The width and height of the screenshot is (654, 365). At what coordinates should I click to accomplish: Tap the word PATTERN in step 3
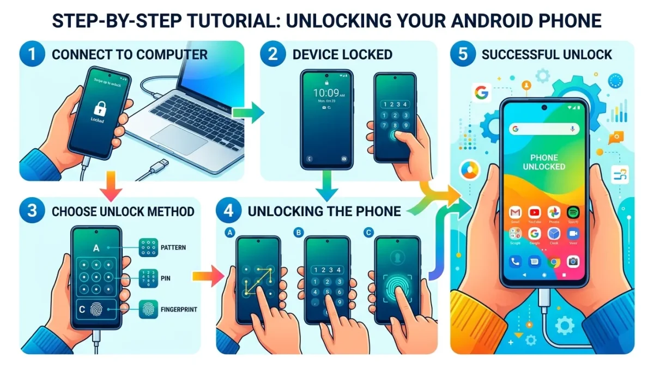pyautogui.click(x=173, y=247)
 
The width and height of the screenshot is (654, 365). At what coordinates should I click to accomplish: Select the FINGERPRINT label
pyautogui.click(x=179, y=309)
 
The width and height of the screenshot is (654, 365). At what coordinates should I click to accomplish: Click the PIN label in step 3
pyautogui.click(x=165, y=278)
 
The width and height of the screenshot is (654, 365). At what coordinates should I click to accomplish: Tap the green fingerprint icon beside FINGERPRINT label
pyautogui.click(x=148, y=309)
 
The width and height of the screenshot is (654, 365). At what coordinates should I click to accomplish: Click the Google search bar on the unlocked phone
pyautogui.click(x=543, y=129)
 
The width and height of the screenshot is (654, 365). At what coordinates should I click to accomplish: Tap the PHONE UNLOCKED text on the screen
pyautogui.click(x=543, y=162)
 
